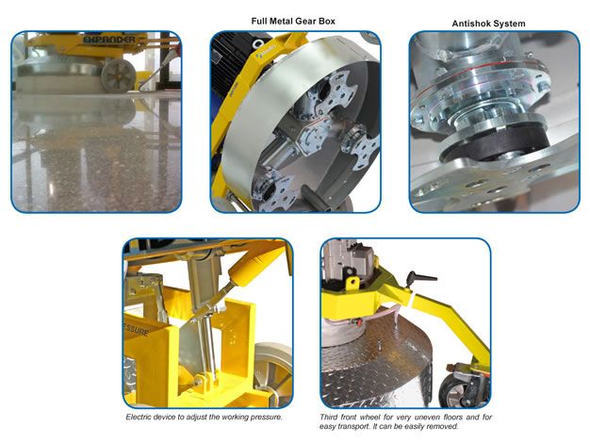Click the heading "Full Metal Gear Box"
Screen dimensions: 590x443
pos(293,21)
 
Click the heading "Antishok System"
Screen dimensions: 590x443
pos(488,24)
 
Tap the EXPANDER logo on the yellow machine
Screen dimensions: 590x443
pos(109,40)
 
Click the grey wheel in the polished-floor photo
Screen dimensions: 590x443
pos(119,75)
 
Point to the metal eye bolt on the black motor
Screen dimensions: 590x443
pos(258,44)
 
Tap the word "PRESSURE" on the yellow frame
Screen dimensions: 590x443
pos(136,329)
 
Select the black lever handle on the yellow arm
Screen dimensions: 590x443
pos(421,278)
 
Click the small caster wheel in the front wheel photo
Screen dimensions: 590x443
pos(451,390)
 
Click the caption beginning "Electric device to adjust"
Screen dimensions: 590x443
pos(204,417)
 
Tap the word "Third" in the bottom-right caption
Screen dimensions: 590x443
pos(328,417)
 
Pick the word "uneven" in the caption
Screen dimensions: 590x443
pos(427,417)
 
